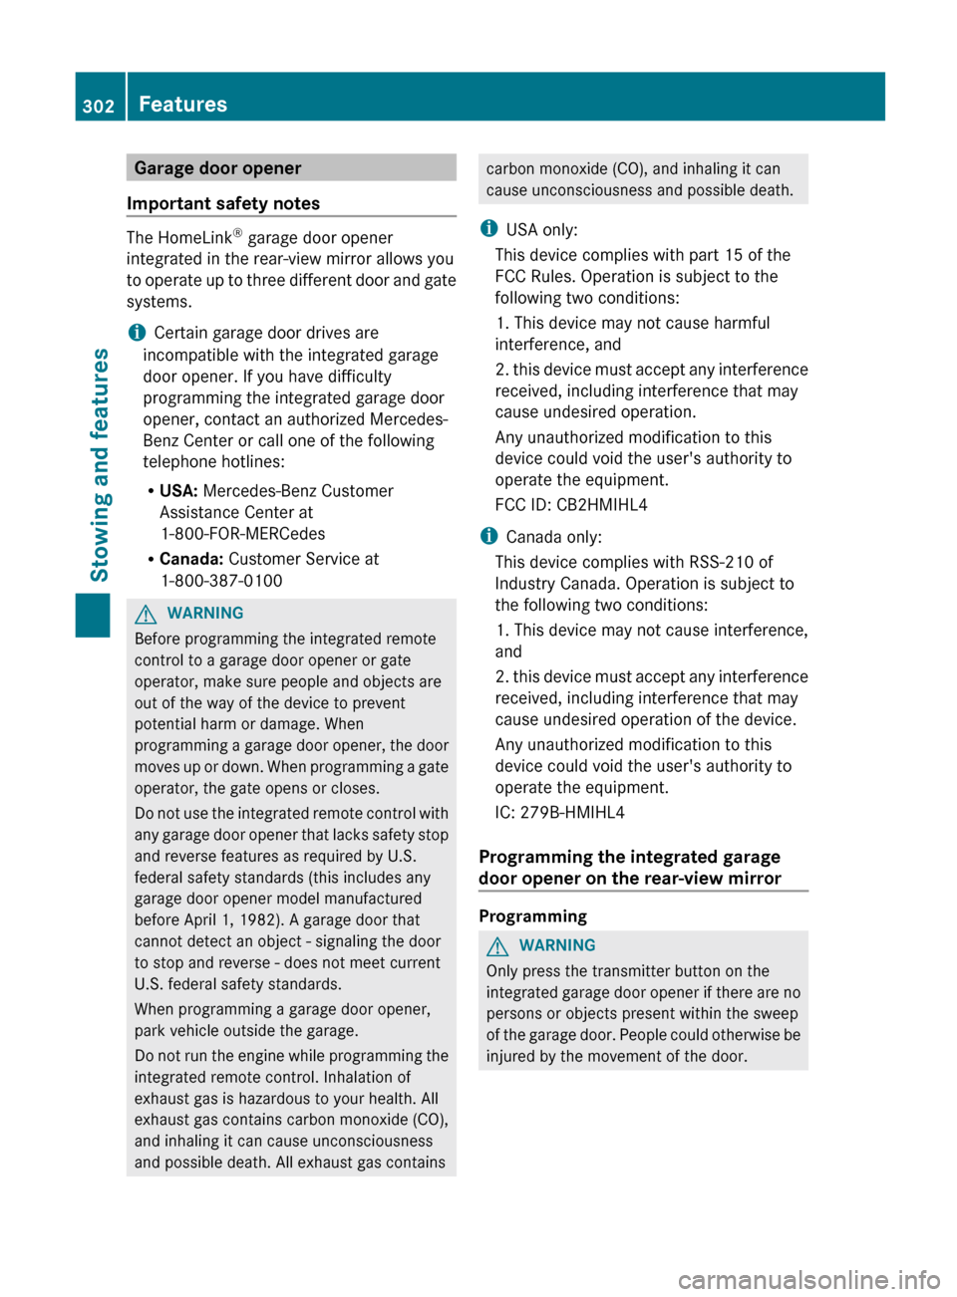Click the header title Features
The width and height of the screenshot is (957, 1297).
pyautogui.click(x=182, y=105)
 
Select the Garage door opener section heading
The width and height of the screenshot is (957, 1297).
pyautogui.click(x=217, y=168)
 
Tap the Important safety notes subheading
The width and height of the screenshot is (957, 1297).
pyautogui.click(x=223, y=203)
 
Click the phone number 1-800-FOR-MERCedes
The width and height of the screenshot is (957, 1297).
pyautogui.click(x=242, y=534)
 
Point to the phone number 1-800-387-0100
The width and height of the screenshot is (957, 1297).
pyautogui.click(x=221, y=581)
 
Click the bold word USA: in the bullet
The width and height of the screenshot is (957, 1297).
pyautogui.click(x=178, y=491)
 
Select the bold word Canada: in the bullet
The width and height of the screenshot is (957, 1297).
pyautogui.click(x=191, y=559)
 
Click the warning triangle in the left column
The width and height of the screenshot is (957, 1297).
pyautogui.click(x=148, y=614)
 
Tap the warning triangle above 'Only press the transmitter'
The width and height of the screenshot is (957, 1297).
pyautogui.click(x=499, y=945)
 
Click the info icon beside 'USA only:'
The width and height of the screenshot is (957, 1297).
pyautogui.click(x=488, y=229)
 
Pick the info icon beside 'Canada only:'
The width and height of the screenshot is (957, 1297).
pyautogui.click(x=488, y=536)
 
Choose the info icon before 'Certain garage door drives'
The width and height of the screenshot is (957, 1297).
pyautogui.click(x=137, y=332)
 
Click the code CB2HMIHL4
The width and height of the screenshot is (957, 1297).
pyautogui.click(x=601, y=505)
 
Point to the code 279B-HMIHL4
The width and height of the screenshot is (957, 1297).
pyautogui.click(x=572, y=813)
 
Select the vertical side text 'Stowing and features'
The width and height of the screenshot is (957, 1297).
pyautogui.click(x=100, y=464)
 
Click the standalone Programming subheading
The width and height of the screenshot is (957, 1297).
pyautogui.click(x=532, y=916)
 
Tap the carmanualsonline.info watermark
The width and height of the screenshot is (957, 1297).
pyautogui.click(x=808, y=1279)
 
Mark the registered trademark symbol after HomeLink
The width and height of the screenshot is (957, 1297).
pyautogui.click(x=237, y=233)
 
